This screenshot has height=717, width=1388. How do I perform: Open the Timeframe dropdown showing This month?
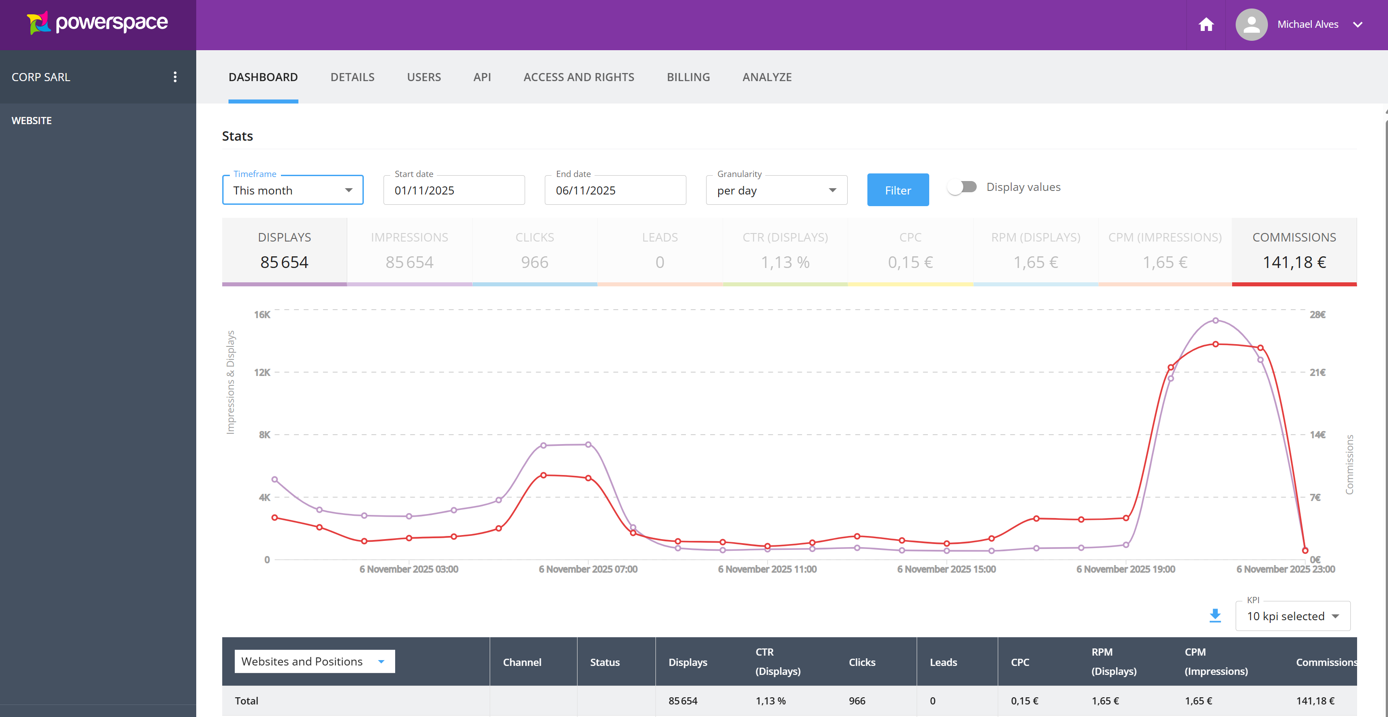click(x=293, y=190)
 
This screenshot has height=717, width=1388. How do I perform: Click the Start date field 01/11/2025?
click(x=454, y=190)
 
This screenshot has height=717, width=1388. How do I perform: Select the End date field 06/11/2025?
click(x=615, y=190)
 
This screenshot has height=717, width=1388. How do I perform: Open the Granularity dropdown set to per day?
click(x=776, y=190)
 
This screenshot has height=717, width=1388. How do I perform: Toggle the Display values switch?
click(x=962, y=187)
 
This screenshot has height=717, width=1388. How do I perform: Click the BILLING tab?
click(x=688, y=77)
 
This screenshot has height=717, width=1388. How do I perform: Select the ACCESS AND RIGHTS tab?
click(x=579, y=77)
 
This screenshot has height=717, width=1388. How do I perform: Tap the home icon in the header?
click(x=1206, y=25)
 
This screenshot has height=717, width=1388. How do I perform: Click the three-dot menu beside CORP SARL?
click(x=175, y=77)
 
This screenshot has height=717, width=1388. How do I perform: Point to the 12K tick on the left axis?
click(x=263, y=372)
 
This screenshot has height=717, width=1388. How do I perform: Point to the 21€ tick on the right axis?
click(x=1317, y=372)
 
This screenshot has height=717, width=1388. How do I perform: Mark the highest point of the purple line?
click(x=1216, y=321)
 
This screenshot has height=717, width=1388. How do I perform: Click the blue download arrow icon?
click(x=1215, y=616)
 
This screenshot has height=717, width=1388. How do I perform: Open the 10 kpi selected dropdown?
click(x=1293, y=616)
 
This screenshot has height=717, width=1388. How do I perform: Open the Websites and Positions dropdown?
click(x=314, y=661)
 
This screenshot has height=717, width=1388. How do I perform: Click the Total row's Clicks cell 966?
click(x=857, y=701)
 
